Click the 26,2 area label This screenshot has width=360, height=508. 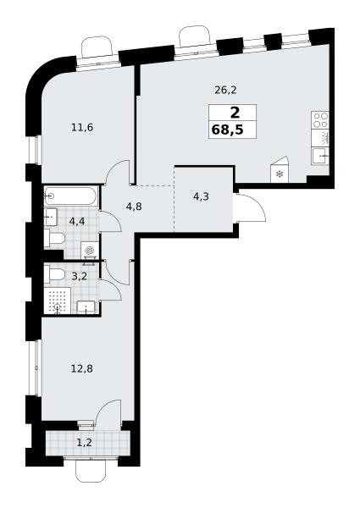point(225,90)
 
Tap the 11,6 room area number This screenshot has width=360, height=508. point(82,127)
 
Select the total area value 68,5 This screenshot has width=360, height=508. point(228,130)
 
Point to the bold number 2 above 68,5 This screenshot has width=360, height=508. point(235,113)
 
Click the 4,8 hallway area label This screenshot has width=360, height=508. point(134,207)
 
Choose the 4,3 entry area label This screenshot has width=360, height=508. point(201,196)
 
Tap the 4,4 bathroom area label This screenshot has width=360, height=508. point(77,221)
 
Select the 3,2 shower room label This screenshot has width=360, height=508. point(79,276)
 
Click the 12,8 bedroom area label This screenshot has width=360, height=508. point(82,368)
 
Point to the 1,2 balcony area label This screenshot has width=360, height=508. point(84,442)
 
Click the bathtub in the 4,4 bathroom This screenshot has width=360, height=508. point(70,196)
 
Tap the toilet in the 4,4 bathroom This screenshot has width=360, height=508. point(54,239)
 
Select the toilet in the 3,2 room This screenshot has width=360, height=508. point(54,274)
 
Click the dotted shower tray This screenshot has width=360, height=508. point(58,301)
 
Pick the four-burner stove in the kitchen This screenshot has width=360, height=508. point(320,120)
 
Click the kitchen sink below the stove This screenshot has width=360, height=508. point(320,156)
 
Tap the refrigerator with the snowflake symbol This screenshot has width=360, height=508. point(279,170)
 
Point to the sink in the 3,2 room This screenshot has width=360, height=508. point(86,307)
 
